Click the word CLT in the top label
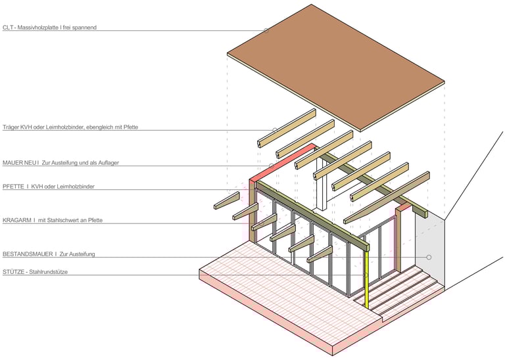click(x=8, y=28)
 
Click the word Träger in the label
click(x=12, y=127)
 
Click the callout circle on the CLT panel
click(x=266, y=30)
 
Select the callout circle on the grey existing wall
click(x=429, y=257)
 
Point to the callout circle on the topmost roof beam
click(x=274, y=129)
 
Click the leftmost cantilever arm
click(x=226, y=200)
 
